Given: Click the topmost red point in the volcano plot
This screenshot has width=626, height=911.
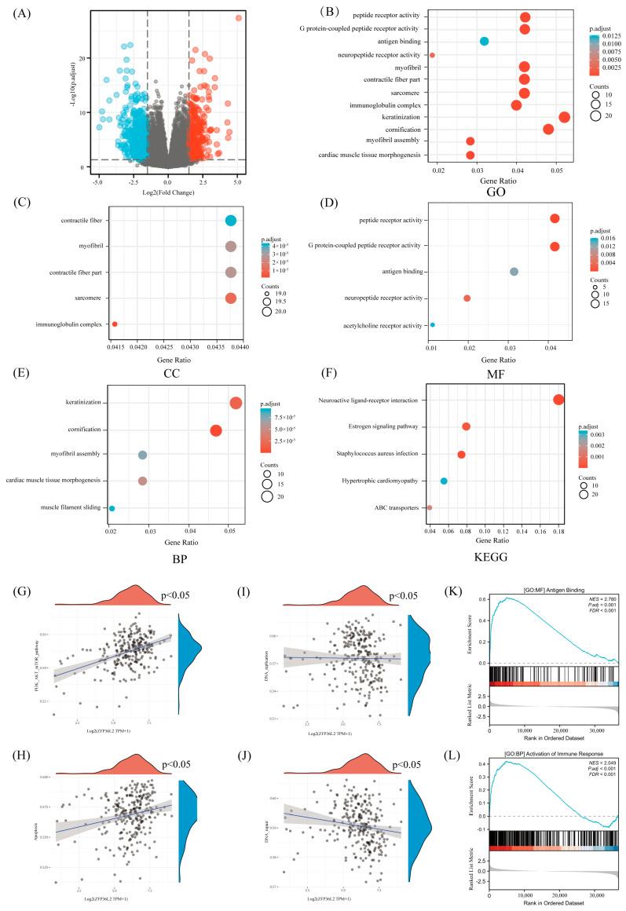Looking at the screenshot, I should [239, 17].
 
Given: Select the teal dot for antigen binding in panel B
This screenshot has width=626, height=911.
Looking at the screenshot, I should [484, 41].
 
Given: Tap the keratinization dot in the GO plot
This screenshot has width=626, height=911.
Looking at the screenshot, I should [564, 117].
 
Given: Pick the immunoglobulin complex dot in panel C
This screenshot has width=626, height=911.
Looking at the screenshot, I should [115, 324].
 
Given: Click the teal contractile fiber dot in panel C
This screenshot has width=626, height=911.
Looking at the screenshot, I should [230, 221].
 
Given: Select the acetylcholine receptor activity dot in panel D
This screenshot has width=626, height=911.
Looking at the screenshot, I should [432, 324].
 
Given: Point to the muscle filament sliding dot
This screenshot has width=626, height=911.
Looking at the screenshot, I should [112, 508].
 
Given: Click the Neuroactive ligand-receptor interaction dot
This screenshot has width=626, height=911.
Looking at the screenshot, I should [558, 400].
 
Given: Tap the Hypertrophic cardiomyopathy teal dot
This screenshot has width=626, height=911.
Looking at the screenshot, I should [444, 481].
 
